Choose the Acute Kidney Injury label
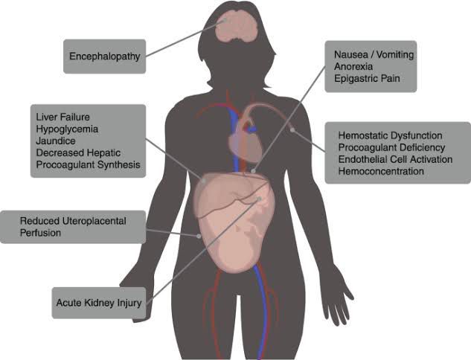[99, 303]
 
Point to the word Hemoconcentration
[381, 171]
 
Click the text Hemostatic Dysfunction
[391, 135]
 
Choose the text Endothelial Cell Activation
[396, 159]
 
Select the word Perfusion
[40, 233]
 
